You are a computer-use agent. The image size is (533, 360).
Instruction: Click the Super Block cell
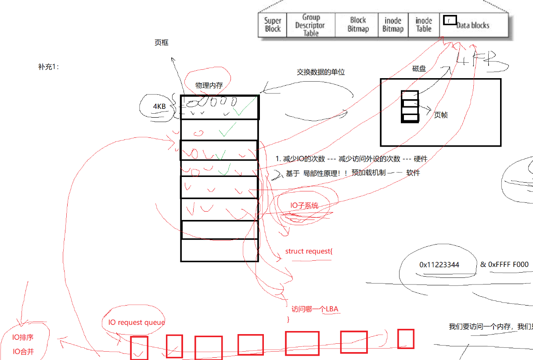point(272,25)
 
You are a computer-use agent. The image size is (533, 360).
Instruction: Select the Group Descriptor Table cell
point(311,25)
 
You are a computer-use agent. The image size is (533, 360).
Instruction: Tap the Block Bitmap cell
point(358,25)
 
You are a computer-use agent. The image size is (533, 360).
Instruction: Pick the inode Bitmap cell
point(393,25)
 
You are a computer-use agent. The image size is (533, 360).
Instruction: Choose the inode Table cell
point(424,25)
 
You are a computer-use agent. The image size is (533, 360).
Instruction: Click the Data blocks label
point(473,25)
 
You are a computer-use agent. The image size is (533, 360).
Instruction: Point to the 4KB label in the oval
point(159,106)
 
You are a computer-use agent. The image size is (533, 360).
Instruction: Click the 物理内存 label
point(209,85)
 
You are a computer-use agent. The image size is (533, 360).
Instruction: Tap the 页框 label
point(162,43)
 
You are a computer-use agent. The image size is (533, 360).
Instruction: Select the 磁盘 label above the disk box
point(419,69)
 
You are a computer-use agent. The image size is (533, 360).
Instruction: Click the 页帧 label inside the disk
point(441,115)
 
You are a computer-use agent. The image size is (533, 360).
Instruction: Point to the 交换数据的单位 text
point(321,72)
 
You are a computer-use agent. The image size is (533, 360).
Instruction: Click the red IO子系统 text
point(304,205)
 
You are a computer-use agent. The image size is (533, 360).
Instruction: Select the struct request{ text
point(309,251)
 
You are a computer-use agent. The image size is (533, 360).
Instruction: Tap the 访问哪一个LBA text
point(315,309)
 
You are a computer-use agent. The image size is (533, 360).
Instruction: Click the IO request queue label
point(137,322)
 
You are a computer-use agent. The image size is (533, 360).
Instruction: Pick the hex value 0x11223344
point(439,265)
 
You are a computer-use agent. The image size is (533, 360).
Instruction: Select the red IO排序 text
point(23,338)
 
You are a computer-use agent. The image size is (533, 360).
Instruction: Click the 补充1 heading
point(48,67)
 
